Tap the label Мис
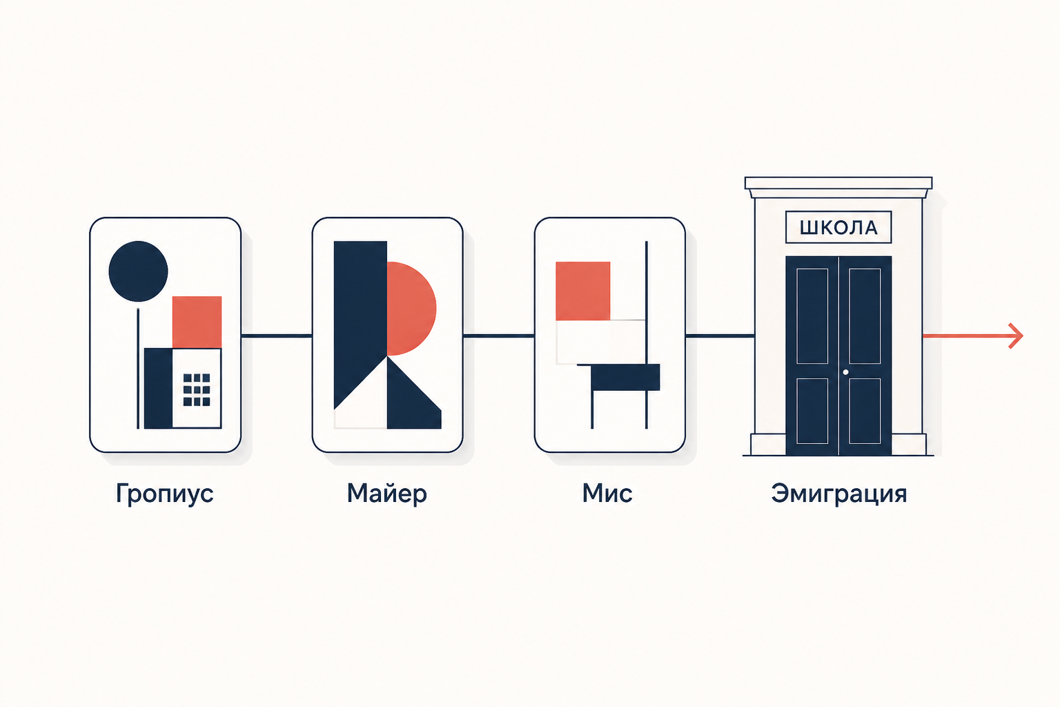coord(607,494)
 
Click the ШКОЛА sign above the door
coord(838,227)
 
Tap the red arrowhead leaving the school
coord(1016,336)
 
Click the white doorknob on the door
coord(845,372)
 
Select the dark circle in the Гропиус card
coord(138,271)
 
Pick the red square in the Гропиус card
coord(197,322)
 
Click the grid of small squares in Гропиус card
coord(197,389)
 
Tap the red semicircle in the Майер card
coord(410,308)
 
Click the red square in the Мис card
coord(583,291)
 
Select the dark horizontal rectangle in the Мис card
coord(626,378)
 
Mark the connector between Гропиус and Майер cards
coord(277,336)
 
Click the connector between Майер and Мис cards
coord(499,336)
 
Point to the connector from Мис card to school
coord(720,336)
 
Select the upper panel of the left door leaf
coord(812,316)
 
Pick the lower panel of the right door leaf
coord(865,411)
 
